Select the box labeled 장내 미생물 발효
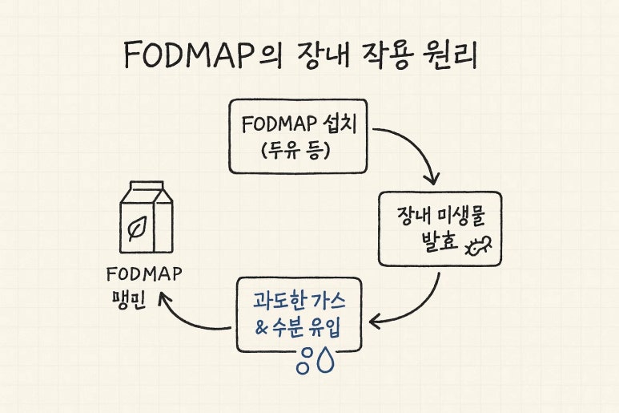click(440, 229)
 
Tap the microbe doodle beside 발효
click(479, 247)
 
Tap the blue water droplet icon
click(325, 361)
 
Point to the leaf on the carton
click(136, 229)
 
